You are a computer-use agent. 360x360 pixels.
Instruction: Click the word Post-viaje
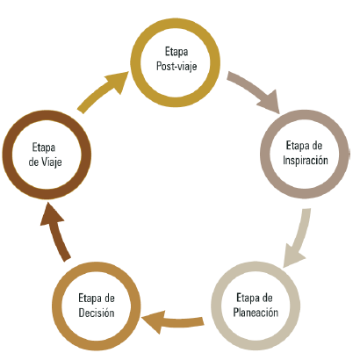(176, 67)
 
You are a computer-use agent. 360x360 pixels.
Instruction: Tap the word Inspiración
(306, 161)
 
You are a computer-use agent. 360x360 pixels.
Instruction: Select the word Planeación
(256, 313)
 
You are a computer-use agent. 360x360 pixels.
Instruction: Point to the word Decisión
(97, 313)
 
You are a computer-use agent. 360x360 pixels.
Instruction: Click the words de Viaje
(45, 162)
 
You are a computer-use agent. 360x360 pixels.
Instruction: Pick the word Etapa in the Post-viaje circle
(176, 52)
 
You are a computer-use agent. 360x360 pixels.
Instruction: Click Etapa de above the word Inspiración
(304, 146)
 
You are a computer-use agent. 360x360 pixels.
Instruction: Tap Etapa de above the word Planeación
(255, 298)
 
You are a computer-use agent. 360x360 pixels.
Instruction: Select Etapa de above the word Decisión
(97, 299)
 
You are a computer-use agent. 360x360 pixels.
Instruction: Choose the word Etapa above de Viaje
(44, 148)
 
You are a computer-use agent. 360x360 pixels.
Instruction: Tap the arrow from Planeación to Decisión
(173, 321)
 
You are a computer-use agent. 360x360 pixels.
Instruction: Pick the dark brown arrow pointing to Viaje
(55, 231)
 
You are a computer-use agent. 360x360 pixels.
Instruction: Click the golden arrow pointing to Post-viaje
(102, 91)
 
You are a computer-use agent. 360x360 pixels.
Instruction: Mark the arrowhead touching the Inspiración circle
(270, 104)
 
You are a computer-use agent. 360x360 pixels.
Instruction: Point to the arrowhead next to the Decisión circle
(152, 322)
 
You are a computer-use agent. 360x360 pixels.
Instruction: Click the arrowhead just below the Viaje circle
(51, 215)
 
